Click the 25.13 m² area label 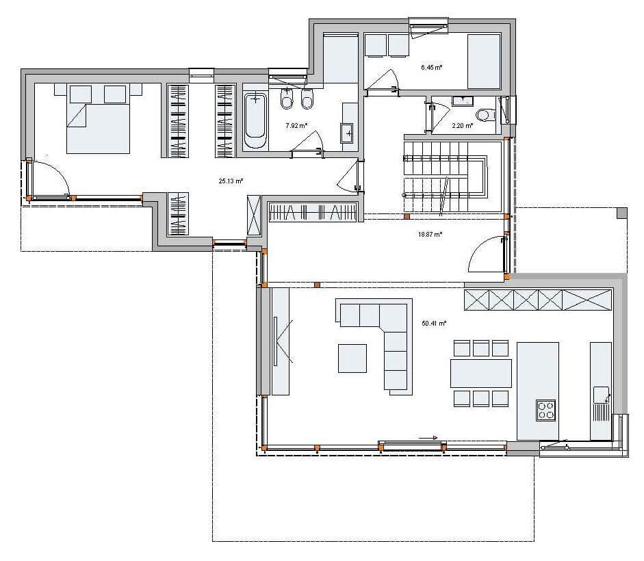[x=231, y=181]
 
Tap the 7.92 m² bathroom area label [x=296, y=126]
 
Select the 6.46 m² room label [x=431, y=67]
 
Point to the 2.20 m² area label [x=463, y=126]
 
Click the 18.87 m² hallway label [x=430, y=235]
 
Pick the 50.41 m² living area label [x=434, y=323]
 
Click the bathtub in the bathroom [x=255, y=120]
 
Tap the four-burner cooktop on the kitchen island [x=546, y=410]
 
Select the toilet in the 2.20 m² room [x=485, y=114]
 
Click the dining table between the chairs [x=481, y=374]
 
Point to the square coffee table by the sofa [x=352, y=358]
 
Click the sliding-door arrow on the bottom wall [x=429, y=438]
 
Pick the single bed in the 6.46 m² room [x=485, y=62]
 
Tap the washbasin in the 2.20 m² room [x=463, y=101]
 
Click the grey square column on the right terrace [x=622, y=213]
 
